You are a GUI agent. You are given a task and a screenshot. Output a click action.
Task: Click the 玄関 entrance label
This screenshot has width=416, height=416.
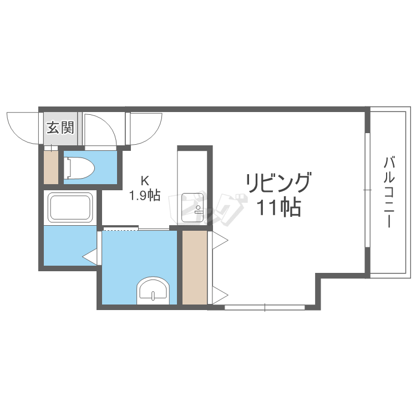point(60,128)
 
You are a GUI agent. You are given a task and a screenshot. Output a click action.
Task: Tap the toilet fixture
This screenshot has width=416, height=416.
point(79,168)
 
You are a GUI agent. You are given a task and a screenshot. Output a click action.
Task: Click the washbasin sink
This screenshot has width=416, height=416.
point(153,291)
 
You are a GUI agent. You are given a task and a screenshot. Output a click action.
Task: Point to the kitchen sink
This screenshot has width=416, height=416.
point(192,207)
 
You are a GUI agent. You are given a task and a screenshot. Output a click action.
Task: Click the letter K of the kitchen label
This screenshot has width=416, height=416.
point(145,181)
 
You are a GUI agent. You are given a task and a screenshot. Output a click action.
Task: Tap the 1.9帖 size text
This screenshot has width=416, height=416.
point(145,196)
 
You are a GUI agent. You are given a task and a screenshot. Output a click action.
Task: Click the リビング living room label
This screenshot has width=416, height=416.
point(278,182)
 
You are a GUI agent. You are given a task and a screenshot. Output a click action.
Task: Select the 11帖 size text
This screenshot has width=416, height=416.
point(279,207)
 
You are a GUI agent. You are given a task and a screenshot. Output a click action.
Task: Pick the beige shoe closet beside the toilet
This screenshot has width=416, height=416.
point(51,167)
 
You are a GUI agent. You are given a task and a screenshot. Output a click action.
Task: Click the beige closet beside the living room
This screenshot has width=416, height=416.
point(195,267)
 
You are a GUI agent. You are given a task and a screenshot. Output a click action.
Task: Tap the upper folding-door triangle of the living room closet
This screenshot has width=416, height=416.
point(220,240)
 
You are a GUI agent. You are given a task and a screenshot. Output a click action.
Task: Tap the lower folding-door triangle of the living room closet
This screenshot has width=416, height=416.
point(220,295)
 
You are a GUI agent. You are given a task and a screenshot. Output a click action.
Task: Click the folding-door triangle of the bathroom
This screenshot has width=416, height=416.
point(90,257)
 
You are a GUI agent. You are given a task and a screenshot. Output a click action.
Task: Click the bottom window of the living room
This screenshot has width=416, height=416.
point(265,307)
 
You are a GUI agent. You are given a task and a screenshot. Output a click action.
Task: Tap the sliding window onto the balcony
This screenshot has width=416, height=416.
point(367,190)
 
